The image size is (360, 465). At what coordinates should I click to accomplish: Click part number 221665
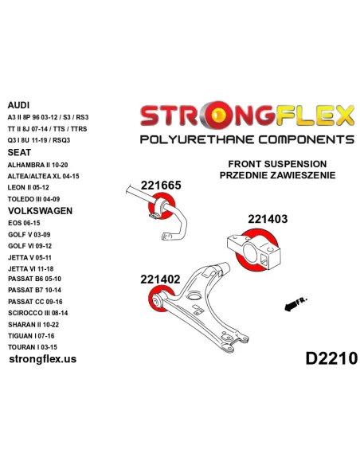[x=161, y=186]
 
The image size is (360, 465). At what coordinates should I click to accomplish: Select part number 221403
[x=268, y=219]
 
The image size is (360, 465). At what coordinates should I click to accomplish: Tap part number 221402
[x=160, y=279]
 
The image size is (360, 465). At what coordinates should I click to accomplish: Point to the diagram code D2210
[x=331, y=358]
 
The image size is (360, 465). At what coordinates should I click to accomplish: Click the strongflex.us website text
[x=43, y=359]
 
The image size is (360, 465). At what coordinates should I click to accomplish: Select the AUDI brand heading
[x=18, y=105]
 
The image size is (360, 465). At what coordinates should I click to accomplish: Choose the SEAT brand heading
[x=19, y=152]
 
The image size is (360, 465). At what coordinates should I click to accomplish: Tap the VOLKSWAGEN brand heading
[x=40, y=211]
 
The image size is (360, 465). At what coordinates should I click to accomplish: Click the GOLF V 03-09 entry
[x=29, y=235]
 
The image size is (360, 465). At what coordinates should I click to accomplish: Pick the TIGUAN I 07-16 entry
[x=31, y=336]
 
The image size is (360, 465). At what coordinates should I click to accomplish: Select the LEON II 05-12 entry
[x=28, y=187]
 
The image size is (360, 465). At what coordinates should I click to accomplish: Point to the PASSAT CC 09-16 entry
[x=35, y=302]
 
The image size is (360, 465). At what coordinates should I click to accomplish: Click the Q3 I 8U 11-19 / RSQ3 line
[x=39, y=140]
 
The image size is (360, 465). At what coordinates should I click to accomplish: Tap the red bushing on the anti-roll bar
[x=162, y=205]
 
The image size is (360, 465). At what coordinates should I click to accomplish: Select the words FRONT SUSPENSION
[x=277, y=164]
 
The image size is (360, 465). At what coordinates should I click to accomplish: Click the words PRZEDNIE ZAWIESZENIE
[x=277, y=175]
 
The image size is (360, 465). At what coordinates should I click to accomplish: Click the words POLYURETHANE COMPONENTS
[x=247, y=139]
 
